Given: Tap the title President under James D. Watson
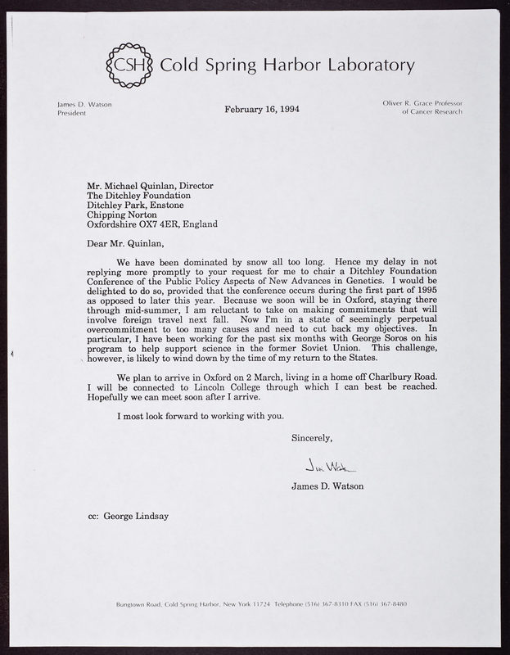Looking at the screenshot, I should point(71,113).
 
